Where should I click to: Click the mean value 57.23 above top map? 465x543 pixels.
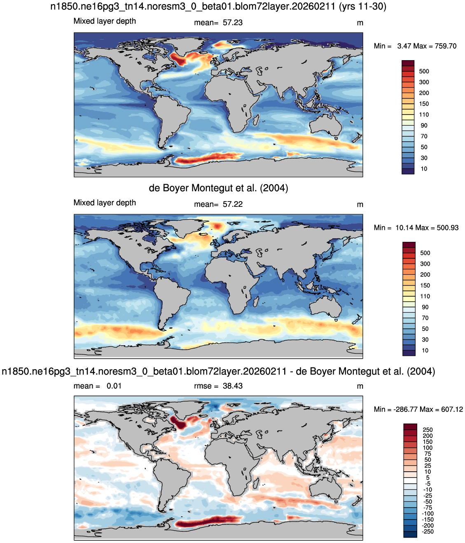click(x=233, y=23)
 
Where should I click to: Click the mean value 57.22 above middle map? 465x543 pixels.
click(x=233, y=204)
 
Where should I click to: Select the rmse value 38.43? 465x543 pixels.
click(x=233, y=386)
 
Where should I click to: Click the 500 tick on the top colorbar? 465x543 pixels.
click(x=424, y=71)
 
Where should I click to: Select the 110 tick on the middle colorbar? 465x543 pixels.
click(x=425, y=296)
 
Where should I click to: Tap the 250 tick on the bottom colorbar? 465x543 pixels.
click(x=428, y=430)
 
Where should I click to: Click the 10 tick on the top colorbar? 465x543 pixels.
click(x=424, y=169)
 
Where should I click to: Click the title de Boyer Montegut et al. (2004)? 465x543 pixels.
click(x=218, y=188)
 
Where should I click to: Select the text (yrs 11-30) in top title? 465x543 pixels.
click(x=362, y=6)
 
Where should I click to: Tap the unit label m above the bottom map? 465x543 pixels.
click(x=360, y=386)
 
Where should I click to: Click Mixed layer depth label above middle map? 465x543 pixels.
click(x=105, y=203)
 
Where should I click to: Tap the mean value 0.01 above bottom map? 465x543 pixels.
click(x=114, y=386)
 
